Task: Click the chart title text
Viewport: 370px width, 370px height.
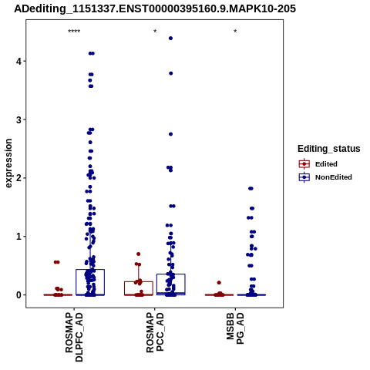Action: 155,8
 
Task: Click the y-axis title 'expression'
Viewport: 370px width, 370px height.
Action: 8,163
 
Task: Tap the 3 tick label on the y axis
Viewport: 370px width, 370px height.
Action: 18,119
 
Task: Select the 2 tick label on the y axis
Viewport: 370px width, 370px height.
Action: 18,178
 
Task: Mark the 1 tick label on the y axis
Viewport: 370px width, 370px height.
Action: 18,237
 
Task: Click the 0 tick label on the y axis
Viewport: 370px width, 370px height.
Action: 18,295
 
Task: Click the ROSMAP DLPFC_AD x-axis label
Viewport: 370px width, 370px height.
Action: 74,337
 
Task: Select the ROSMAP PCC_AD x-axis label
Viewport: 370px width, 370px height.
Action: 155,332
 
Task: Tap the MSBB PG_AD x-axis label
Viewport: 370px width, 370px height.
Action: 235,328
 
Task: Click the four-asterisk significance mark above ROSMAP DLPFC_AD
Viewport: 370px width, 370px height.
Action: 74,32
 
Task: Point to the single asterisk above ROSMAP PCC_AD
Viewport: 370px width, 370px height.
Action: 155,32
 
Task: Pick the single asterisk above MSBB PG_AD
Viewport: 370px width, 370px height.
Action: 235,32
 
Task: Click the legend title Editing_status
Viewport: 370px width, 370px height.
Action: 329,149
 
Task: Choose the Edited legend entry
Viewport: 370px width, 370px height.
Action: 318,164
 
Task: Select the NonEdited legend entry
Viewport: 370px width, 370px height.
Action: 325,177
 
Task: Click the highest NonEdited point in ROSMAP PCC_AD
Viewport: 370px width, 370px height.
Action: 170,39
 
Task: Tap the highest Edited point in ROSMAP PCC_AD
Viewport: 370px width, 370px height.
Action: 139,254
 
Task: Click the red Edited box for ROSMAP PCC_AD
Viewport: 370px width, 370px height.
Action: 139,281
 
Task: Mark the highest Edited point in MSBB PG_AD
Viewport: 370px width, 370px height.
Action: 219,283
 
